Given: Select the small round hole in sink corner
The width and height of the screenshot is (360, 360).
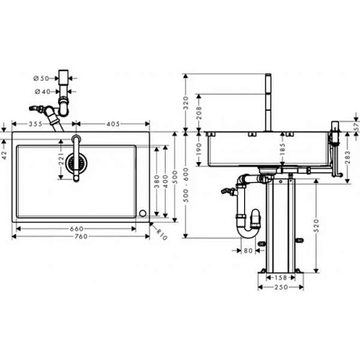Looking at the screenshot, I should [143, 213].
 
